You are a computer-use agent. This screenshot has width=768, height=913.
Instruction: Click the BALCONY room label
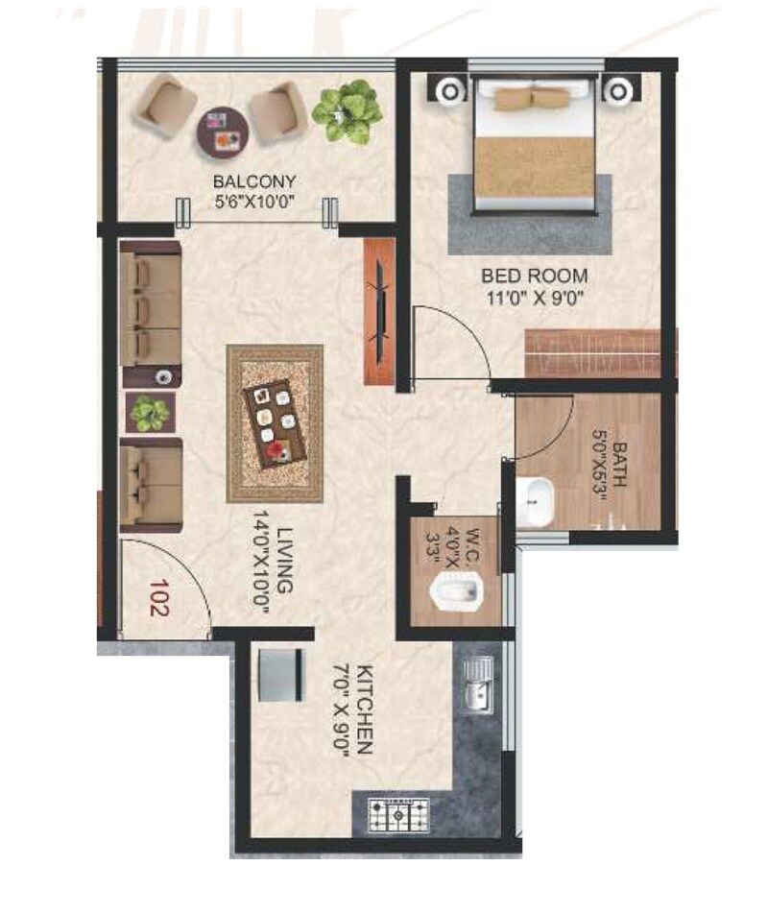click(x=254, y=181)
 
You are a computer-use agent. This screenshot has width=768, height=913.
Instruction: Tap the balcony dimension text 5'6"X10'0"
click(x=254, y=201)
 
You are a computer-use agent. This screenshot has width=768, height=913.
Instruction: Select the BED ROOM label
click(x=535, y=276)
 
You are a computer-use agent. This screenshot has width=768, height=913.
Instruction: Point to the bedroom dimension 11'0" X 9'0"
click(x=535, y=297)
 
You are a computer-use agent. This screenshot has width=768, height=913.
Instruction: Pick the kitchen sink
click(x=478, y=685)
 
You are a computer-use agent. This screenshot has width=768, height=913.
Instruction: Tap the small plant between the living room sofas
click(x=149, y=414)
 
